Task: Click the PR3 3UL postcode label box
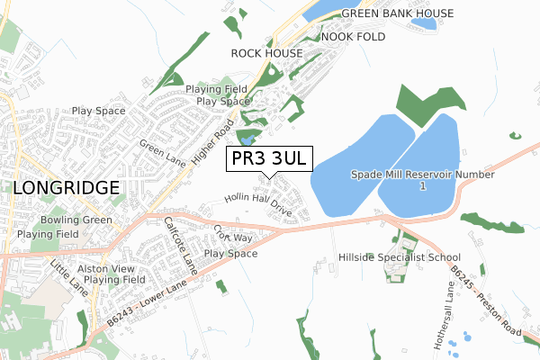268,158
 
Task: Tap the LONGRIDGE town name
67,187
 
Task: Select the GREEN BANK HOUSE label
397,13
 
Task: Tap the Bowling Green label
76,220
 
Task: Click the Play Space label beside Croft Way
230,254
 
